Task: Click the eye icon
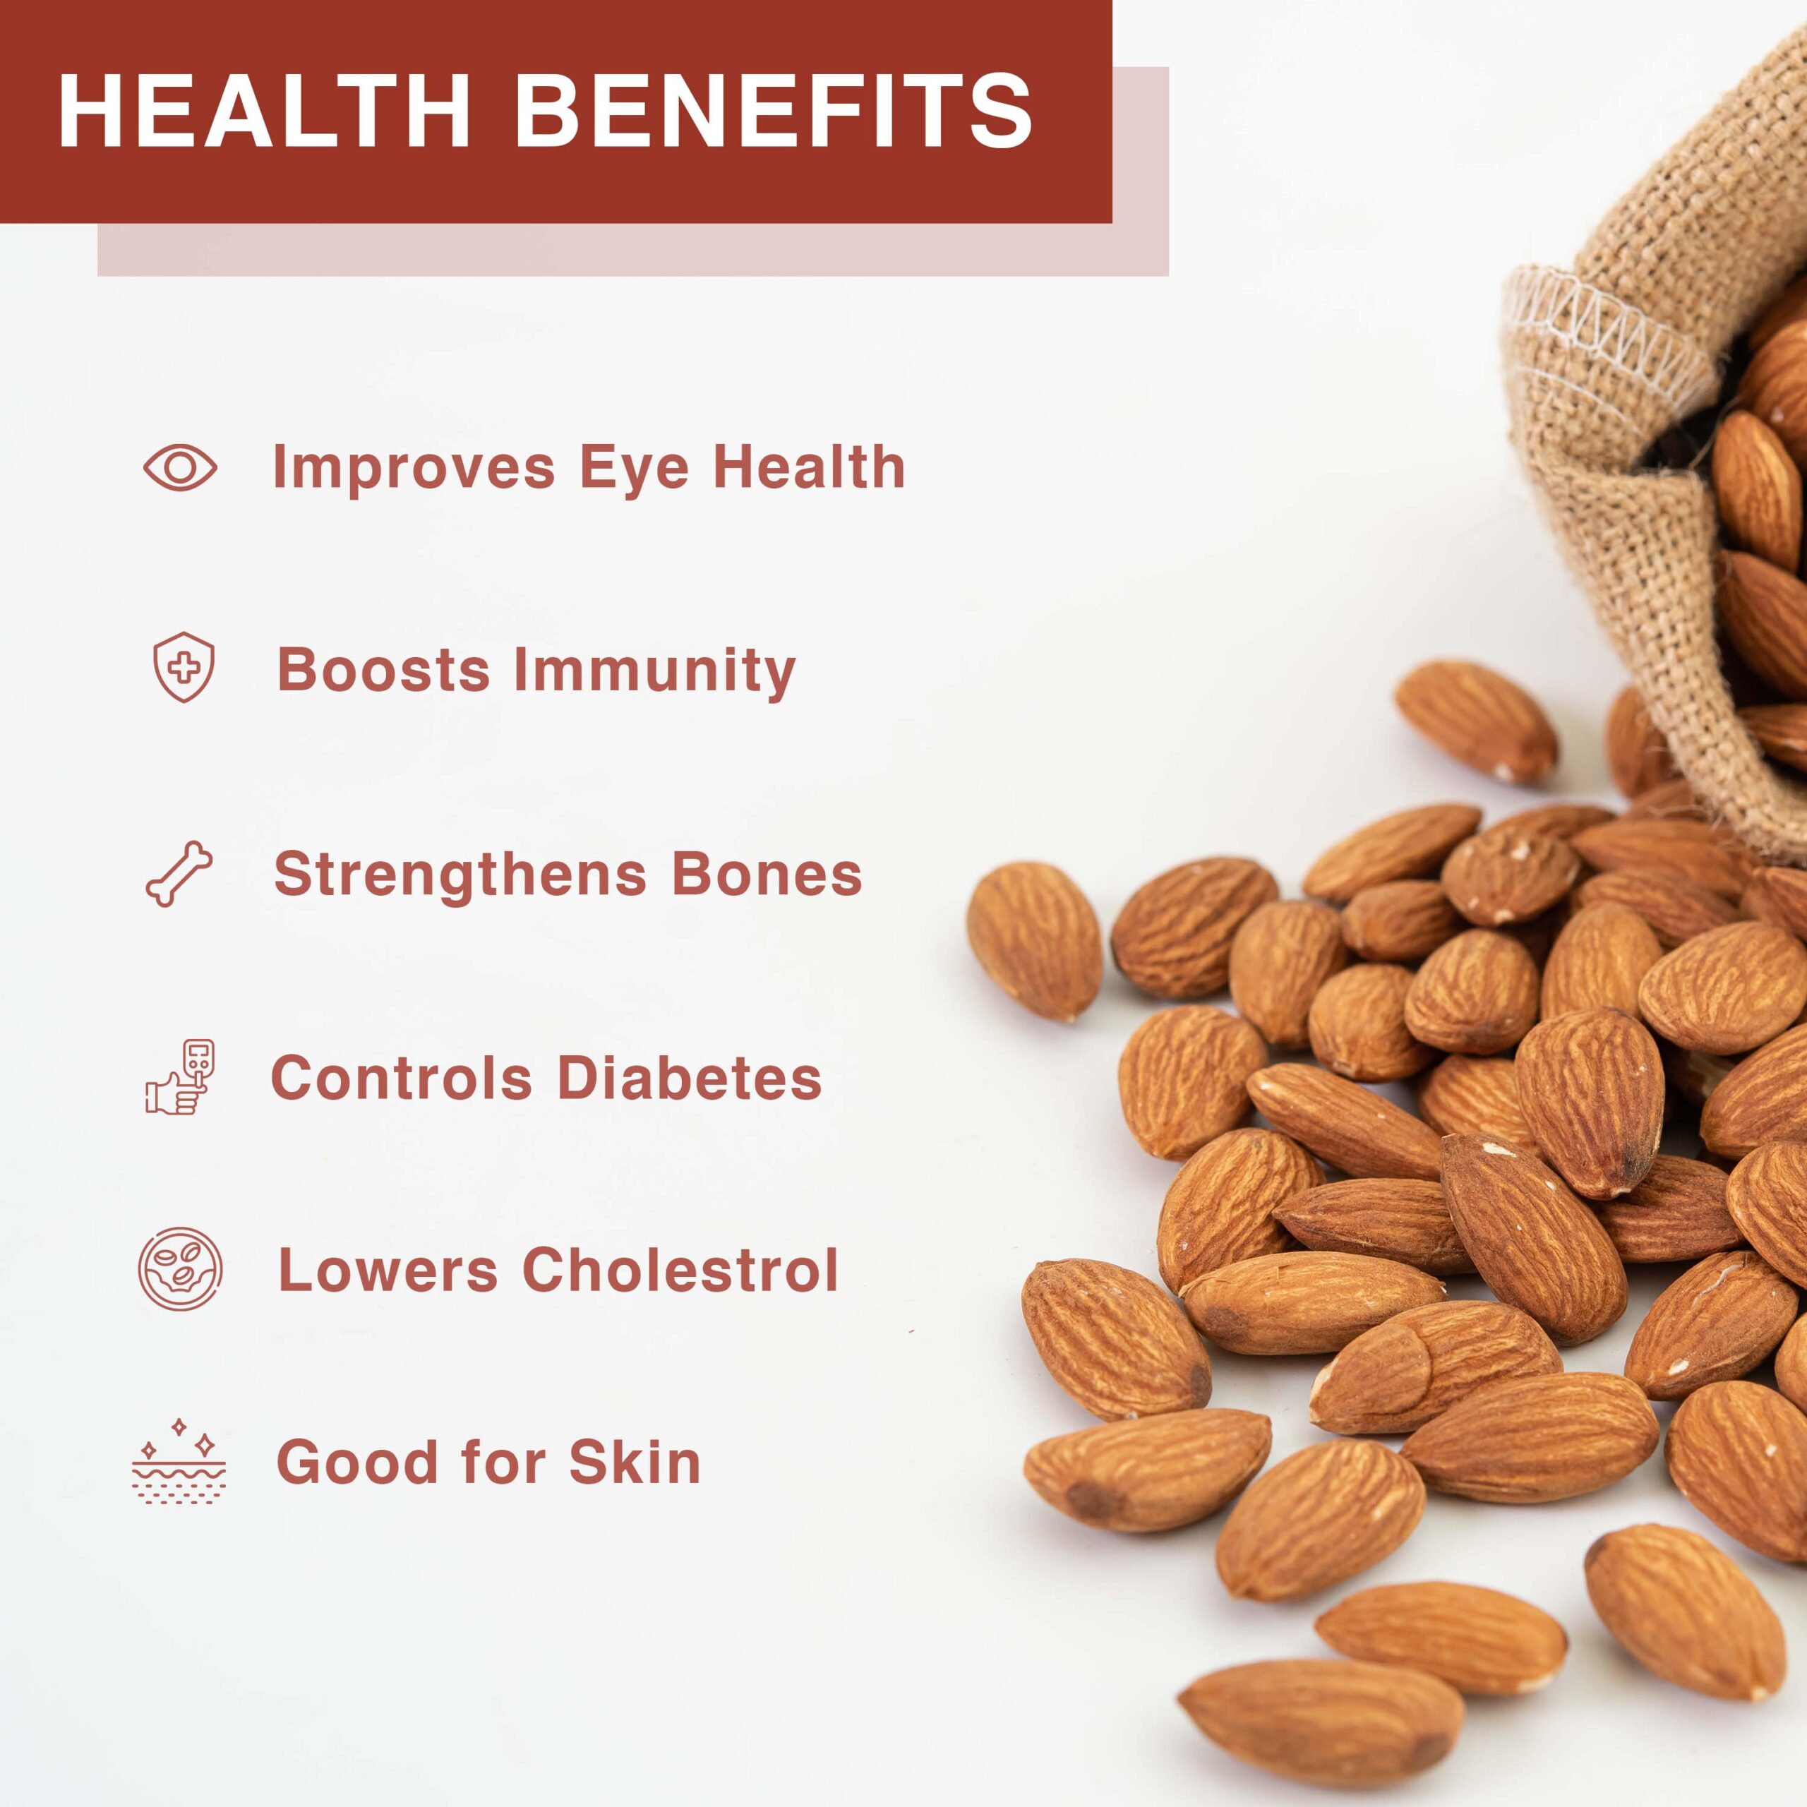coord(181,467)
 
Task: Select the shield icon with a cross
coord(184,667)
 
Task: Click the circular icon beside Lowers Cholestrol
coord(181,1269)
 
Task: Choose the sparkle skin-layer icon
coord(179,1461)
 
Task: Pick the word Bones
coord(767,874)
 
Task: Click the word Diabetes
coord(690,1077)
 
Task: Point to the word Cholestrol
coord(680,1270)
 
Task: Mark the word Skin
coord(635,1461)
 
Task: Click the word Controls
coord(401,1077)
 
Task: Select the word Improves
coord(414,468)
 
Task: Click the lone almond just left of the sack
coord(1475,721)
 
